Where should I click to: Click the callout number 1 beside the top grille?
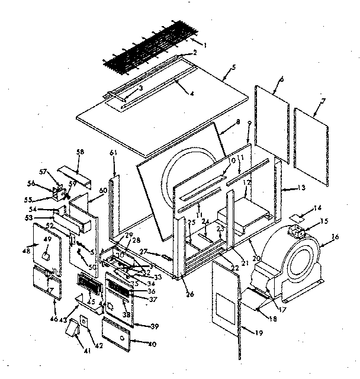pyautogui.click(x=205, y=44)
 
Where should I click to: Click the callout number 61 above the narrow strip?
pyautogui.click(x=113, y=154)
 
